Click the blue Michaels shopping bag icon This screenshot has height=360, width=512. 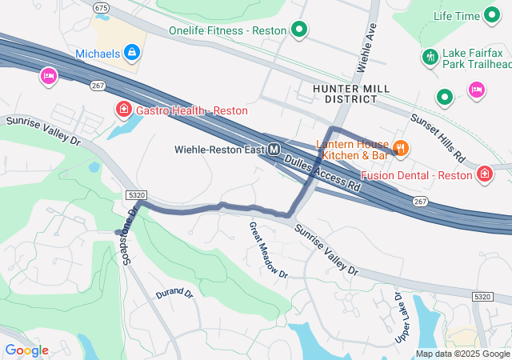132,54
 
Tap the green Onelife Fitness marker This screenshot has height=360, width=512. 299,31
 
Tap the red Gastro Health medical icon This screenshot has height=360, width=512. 124,110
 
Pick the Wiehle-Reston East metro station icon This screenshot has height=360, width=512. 274,149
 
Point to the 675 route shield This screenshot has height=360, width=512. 101,7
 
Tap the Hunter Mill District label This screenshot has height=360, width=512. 351,93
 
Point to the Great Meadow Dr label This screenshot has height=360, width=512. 267,250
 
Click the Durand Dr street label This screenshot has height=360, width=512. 174,294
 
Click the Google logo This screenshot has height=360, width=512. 26,350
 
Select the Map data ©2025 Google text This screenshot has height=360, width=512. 462,354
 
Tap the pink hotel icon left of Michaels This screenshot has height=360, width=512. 49,77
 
